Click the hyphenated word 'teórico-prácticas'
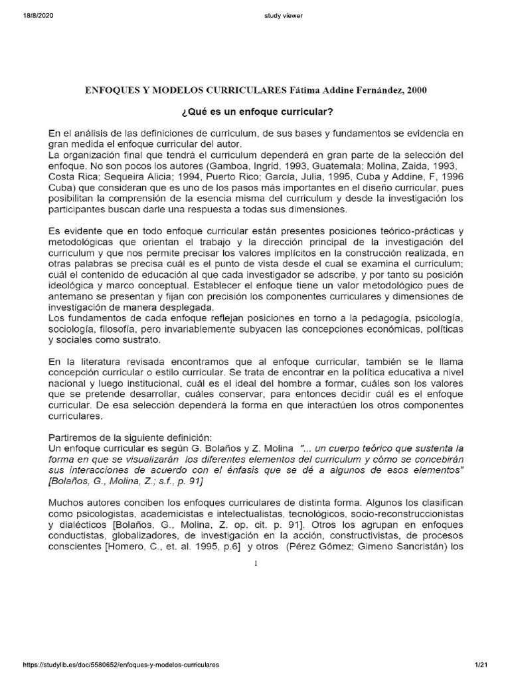pos(408,230)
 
